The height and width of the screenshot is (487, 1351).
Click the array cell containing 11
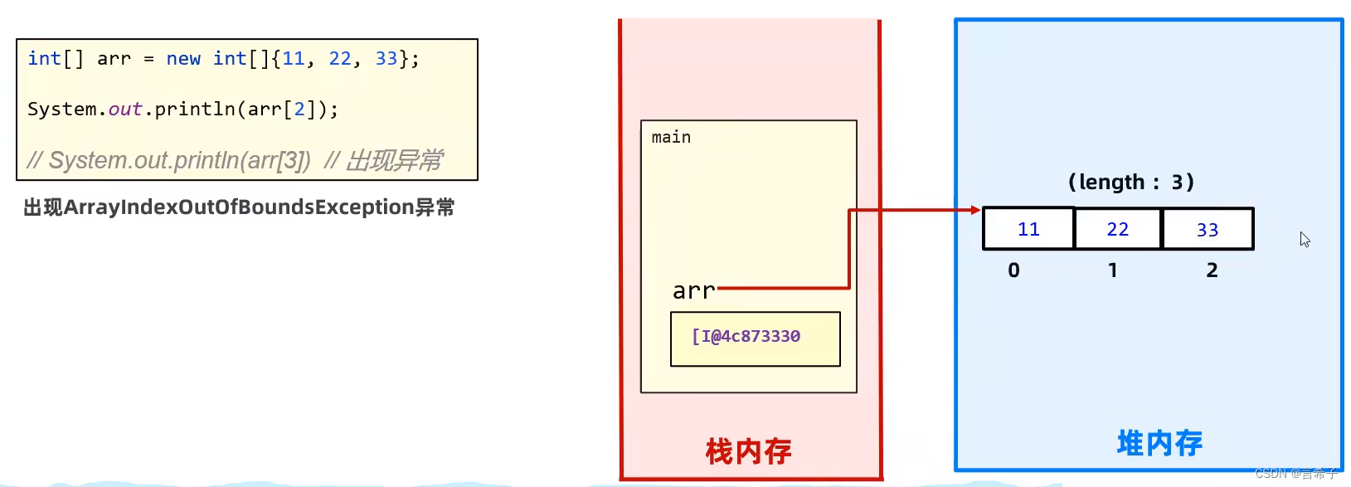(x=1028, y=229)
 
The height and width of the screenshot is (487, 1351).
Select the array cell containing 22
(x=1118, y=229)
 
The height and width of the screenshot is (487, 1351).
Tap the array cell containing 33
(x=1208, y=229)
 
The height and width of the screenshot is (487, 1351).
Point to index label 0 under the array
(x=1013, y=270)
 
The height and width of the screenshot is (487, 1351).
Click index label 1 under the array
(x=1113, y=270)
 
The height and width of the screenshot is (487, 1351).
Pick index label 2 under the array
(x=1212, y=270)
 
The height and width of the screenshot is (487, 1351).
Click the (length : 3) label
(x=1130, y=182)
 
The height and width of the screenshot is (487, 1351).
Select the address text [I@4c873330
(x=746, y=336)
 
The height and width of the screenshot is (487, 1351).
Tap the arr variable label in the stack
(x=693, y=291)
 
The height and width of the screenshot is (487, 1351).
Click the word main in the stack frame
(x=671, y=137)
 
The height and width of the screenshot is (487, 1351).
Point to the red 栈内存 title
(x=748, y=451)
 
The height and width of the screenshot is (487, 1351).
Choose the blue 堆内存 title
(x=1159, y=443)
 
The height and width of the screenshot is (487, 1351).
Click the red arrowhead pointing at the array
(x=976, y=210)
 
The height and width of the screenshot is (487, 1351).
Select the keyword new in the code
(x=183, y=59)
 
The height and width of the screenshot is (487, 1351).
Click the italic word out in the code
(x=125, y=110)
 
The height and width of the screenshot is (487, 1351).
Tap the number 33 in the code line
(x=386, y=59)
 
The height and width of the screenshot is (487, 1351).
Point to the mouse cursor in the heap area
(x=1305, y=239)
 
